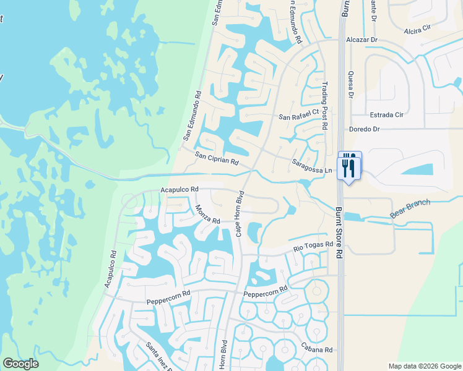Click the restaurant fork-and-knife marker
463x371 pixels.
point(350,166)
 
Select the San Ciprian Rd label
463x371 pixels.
point(217,159)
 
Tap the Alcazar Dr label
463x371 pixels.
point(361,40)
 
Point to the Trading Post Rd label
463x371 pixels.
point(324,106)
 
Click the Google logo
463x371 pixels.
point(20,364)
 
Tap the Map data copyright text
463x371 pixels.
point(424,366)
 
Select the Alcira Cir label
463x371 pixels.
point(417,28)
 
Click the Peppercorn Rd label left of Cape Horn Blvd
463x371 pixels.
point(168,301)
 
